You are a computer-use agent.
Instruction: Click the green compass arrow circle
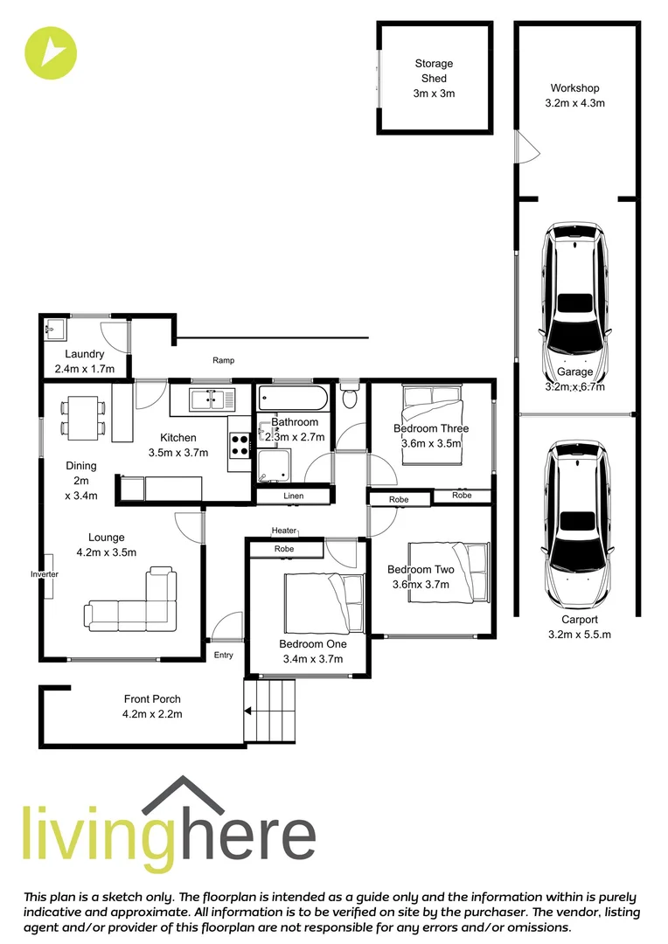[51, 52]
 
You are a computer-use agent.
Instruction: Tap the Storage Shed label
[434, 78]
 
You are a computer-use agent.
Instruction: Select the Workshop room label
[574, 95]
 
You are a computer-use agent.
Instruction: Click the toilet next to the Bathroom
[350, 398]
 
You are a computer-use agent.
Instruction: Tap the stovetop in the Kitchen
[240, 447]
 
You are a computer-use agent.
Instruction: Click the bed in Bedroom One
[324, 601]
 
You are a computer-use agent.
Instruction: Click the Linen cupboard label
[294, 496]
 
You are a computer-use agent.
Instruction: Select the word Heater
[284, 531]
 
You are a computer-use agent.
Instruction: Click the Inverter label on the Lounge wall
[45, 574]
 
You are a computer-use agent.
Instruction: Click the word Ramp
[224, 360]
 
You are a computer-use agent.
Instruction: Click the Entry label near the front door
[224, 655]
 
